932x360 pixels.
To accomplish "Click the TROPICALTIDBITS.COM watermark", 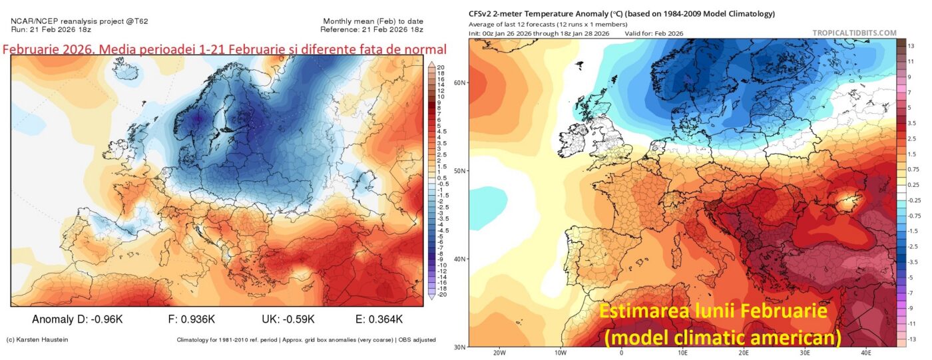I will [854, 33].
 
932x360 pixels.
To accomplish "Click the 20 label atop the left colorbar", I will [441, 67].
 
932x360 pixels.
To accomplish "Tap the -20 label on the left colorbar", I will [441, 294].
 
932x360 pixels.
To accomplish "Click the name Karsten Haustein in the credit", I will [44, 340].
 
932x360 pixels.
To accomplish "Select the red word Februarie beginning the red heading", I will [31, 49].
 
